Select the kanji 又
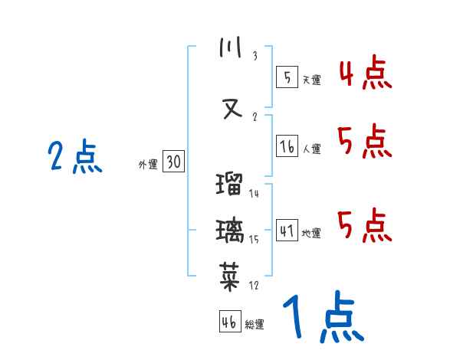tap(231, 106)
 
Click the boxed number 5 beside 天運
tap(287, 77)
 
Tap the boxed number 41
tap(287, 231)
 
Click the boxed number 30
tap(173, 162)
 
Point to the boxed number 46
tap(229, 322)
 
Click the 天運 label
tap(311, 80)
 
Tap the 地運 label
tap(311, 233)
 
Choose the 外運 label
tap(147, 164)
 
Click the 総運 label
tap(254, 324)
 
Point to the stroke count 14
tap(254, 194)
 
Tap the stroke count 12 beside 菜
tap(254, 286)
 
